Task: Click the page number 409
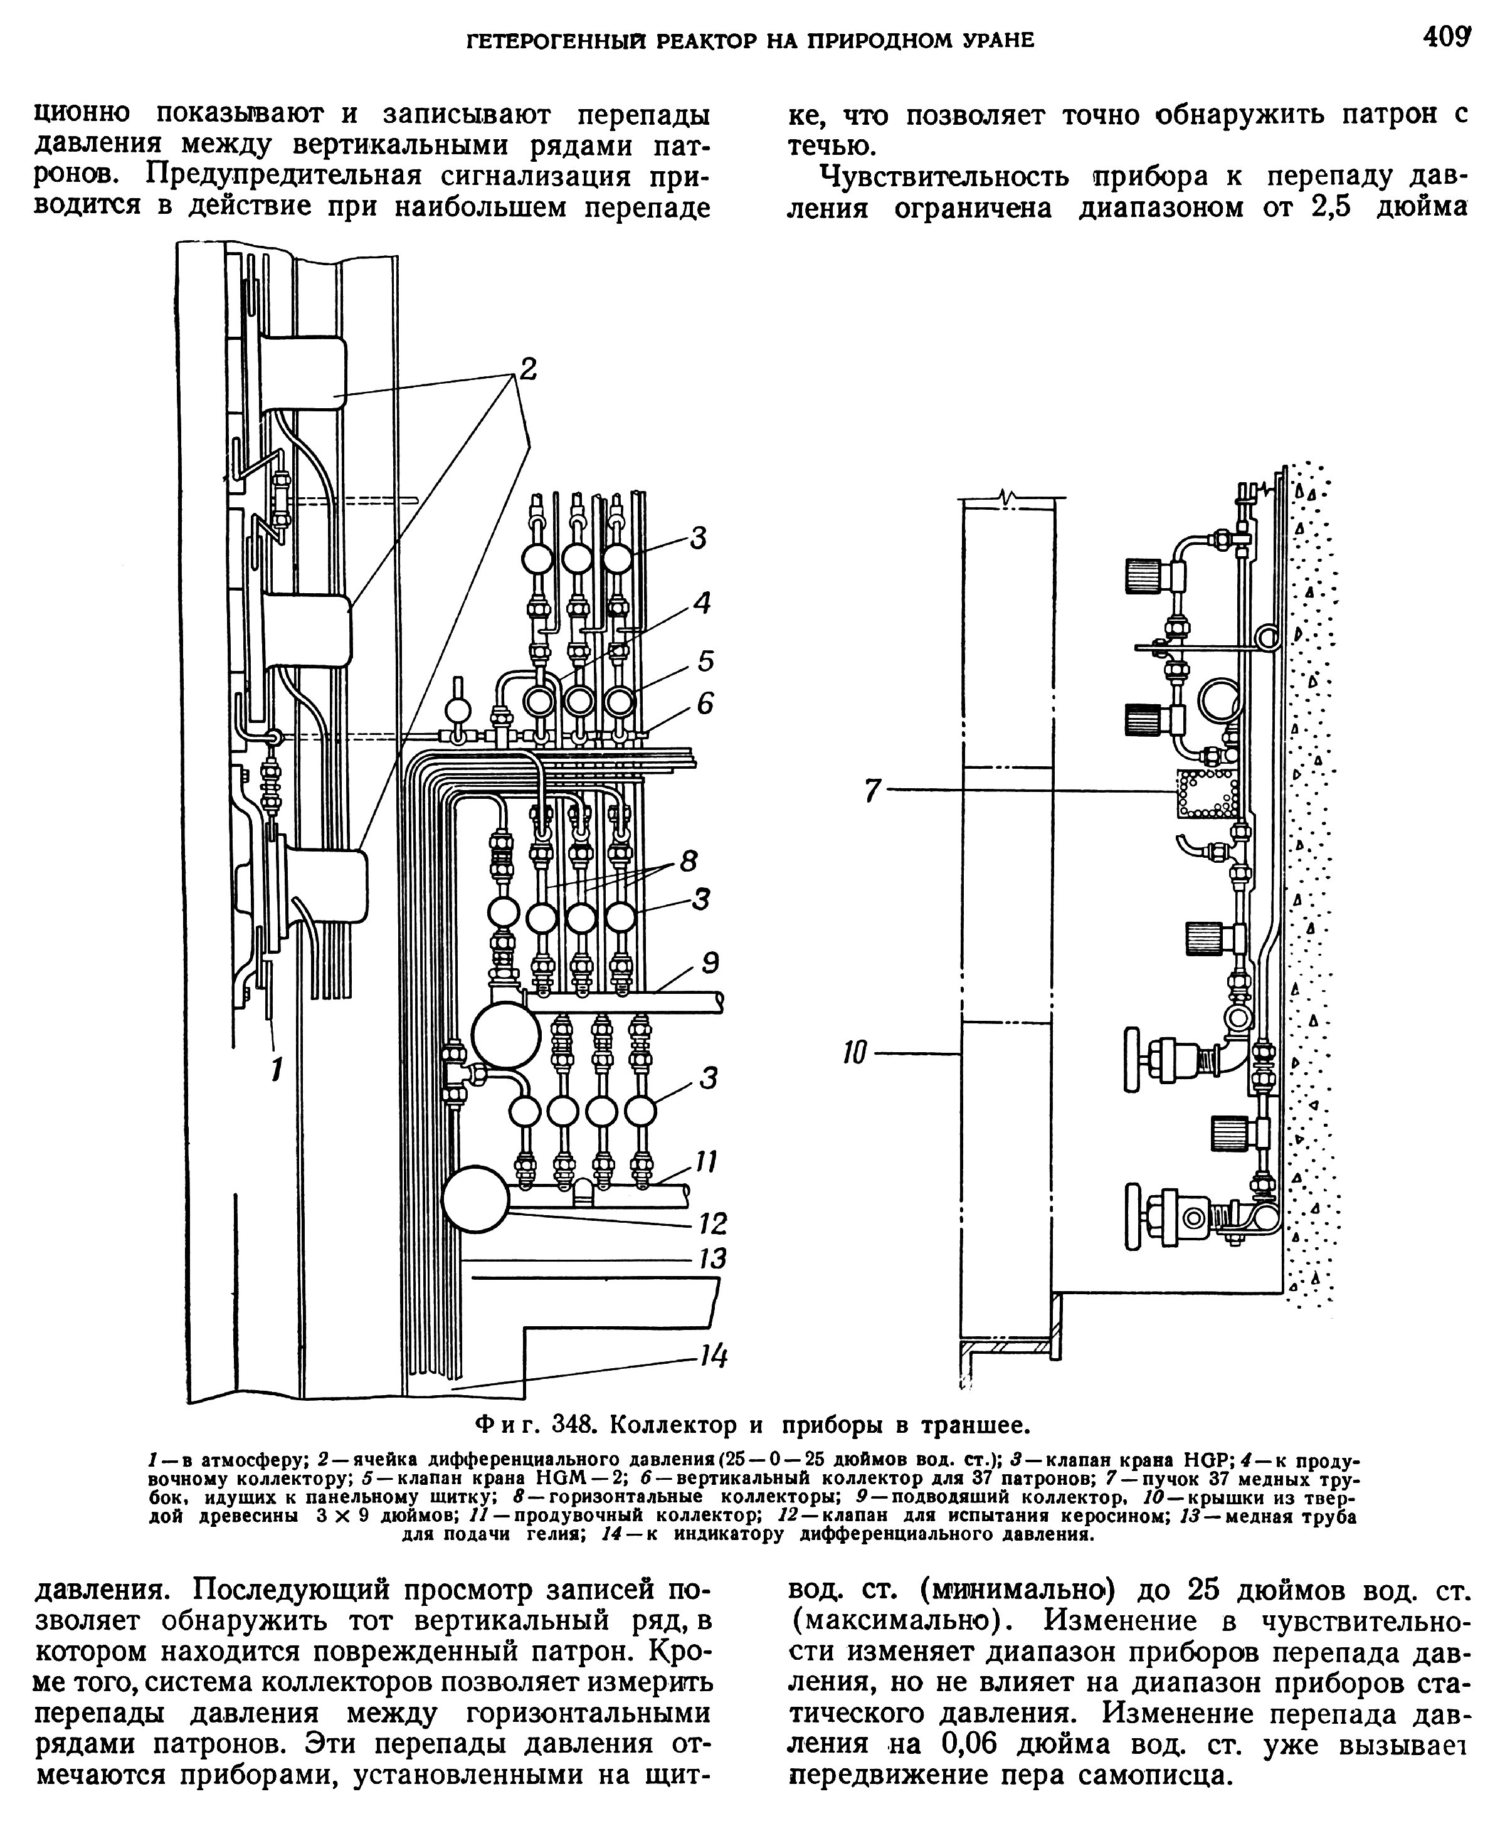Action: (x=1446, y=38)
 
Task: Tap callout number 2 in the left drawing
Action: (x=525, y=369)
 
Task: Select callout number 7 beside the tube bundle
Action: (x=872, y=791)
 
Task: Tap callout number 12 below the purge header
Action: (x=712, y=1224)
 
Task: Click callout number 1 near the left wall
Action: (x=276, y=1070)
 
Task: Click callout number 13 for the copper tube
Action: (x=712, y=1258)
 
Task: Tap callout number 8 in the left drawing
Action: (x=689, y=862)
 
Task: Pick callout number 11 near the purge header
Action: (x=707, y=1161)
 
